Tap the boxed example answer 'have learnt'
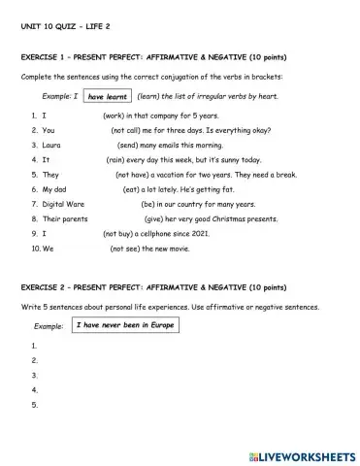(107, 97)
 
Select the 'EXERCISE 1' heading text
(48, 58)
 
